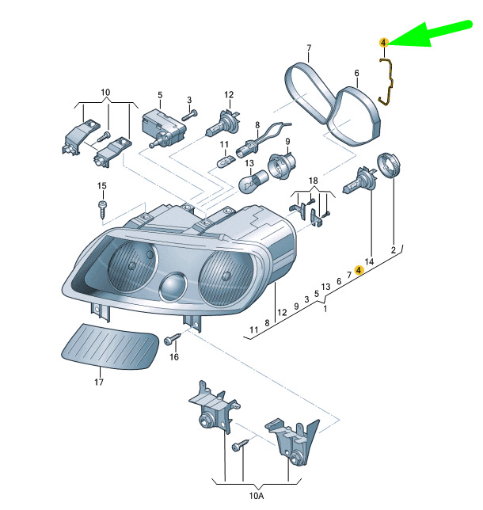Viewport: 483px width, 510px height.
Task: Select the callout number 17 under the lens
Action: (x=99, y=382)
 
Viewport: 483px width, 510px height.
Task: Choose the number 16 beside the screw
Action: (x=173, y=356)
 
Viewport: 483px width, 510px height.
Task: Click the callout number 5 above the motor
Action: (x=159, y=95)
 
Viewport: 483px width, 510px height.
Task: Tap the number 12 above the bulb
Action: (x=228, y=95)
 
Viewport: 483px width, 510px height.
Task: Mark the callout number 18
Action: (x=313, y=181)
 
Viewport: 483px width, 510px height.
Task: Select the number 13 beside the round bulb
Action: (x=248, y=164)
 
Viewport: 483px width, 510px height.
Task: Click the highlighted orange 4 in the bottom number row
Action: (x=359, y=269)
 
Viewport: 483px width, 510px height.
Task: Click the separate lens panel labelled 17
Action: (x=108, y=346)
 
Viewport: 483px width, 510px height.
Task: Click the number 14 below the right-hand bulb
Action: (x=368, y=261)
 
